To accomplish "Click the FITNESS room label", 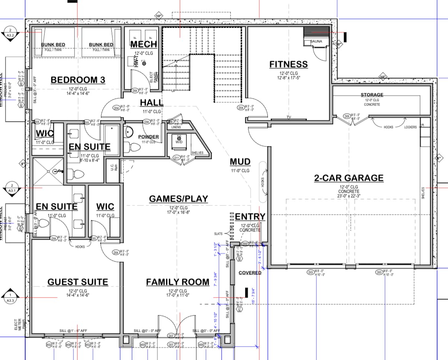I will [289, 64].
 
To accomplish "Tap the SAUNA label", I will [316, 42].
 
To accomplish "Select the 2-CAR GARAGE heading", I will [348, 178].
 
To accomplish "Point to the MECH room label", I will [143, 44].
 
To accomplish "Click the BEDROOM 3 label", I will [78, 80].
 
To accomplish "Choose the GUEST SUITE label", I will [78, 282].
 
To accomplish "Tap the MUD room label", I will [240, 162].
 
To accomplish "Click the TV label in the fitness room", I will [288, 117].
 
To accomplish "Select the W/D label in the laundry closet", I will [179, 142].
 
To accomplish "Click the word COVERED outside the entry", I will [250, 273].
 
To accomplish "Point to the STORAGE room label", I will [371, 95].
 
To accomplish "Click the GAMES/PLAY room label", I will [178, 199].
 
